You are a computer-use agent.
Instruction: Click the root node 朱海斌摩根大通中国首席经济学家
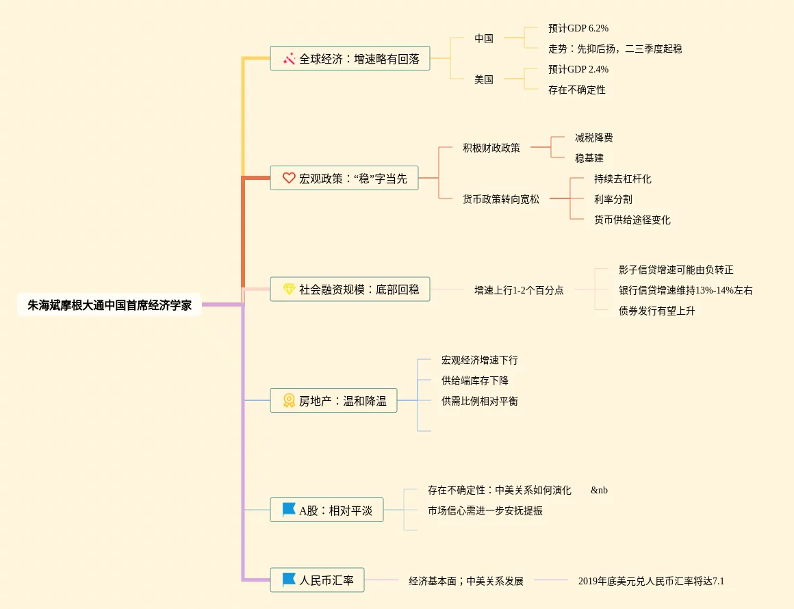coord(110,305)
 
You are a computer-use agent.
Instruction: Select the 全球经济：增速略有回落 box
coord(350,59)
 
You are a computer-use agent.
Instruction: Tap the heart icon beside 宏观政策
coord(289,178)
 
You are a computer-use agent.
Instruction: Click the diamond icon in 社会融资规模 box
coord(289,289)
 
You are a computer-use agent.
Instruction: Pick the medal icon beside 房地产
coord(289,401)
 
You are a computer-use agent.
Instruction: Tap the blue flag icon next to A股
coord(289,510)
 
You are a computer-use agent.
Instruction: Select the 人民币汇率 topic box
coord(317,580)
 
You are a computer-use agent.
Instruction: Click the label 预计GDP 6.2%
coord(578,29)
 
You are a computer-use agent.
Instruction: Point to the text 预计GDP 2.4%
coord(578,70)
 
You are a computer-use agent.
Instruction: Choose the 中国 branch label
coord(484,39)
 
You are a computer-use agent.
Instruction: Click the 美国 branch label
coord(484,79)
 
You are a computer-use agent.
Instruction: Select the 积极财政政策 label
coord(491,148)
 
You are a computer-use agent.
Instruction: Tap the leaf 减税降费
coord(594,138)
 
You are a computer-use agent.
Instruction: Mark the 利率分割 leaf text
coord(613,200)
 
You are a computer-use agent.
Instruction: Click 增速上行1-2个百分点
coord(519,290)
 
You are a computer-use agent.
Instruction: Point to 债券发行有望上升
coord(657,311)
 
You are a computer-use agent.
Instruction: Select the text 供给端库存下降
coord(475,380)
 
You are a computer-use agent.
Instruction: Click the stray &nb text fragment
coord(599,491)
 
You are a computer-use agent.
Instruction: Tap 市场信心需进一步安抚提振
coord(485,510)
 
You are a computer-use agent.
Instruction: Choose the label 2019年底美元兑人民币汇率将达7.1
coord(651,582)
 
